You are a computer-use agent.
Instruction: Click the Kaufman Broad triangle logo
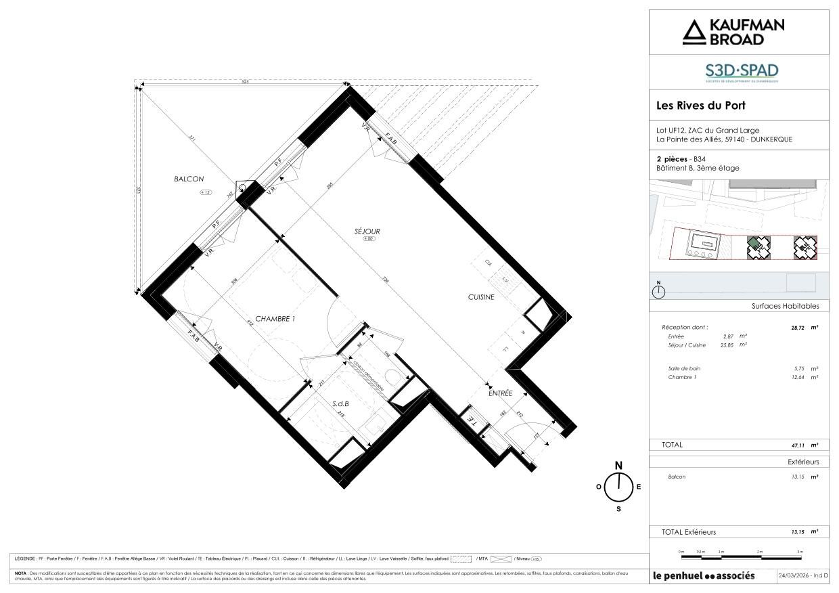tap(693, 32)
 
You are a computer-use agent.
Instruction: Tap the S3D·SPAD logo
tap(742, 72)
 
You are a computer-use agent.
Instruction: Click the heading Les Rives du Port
tap(701, 106)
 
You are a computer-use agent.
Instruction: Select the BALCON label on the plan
tap(189, 179)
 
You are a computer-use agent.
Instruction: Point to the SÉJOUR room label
tap(367, 232)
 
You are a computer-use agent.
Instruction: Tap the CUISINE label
tap(481, 296)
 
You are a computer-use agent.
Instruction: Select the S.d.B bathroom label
tap(340, 403)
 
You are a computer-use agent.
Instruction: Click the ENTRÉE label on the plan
tap(501, 393)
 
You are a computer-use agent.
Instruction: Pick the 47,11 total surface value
tap(800, 445)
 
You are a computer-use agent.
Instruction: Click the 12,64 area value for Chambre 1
tap(798, 377)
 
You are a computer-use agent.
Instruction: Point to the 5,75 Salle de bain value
tap(800, 368)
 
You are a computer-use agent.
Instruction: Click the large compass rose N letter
tap(618, 465)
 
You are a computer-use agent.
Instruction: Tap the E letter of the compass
tap(639, 487)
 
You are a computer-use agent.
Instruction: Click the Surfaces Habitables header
tap(785, 306)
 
